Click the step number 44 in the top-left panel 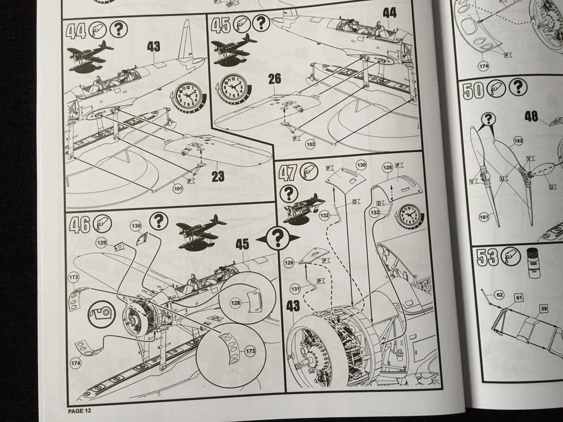point(77,30)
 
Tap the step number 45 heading point(220,24)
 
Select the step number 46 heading point(78,225)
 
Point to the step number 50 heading point(472,91)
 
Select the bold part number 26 point(274,79)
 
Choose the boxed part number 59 point(544,308)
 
